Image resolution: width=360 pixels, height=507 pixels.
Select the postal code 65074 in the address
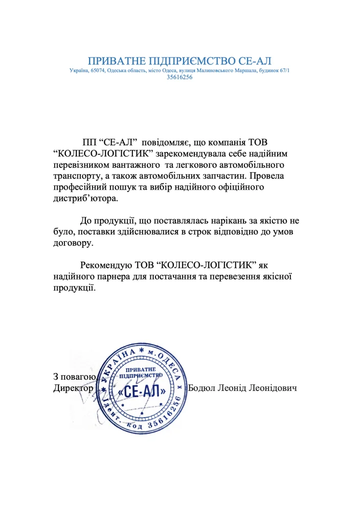(x=98, y=70)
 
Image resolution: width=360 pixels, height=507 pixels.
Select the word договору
(x=74, y=243)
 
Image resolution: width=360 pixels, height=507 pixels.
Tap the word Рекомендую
(x=107, y=266)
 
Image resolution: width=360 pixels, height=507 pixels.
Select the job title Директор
(x=73, y=388)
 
